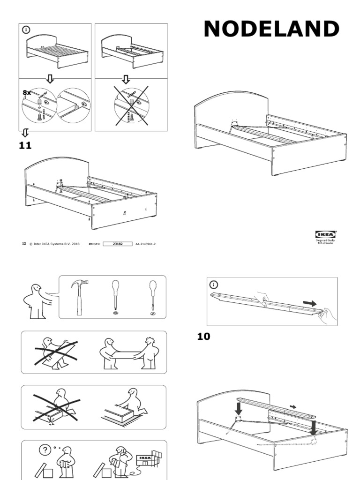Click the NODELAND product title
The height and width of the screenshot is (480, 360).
click(x=271, y=29)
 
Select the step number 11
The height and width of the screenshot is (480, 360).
click(x=25, y=146)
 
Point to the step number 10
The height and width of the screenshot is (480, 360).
click(x=203, y=337)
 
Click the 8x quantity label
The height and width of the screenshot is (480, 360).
click(x=27, y=93)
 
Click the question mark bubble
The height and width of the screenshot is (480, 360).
click(x=45, y=449)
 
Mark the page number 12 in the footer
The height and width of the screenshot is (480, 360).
click(x=24, y=244)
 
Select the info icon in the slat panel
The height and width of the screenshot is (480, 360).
click(x=214, y=284)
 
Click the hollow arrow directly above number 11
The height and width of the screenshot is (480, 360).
click(x=25, y=133)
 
